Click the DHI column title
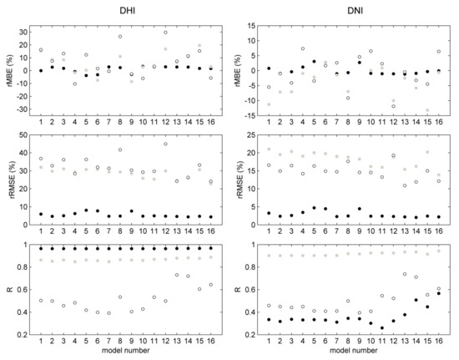(128, 11)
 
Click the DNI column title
(355, 11)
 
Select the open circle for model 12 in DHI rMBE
(165, 33)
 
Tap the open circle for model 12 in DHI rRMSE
(165, 144)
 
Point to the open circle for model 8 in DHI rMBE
(120, 37)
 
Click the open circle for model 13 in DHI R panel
(177, 275)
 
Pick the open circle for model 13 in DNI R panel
(405, 274)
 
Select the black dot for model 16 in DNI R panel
(438, 293)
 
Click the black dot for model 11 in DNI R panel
(382, 327)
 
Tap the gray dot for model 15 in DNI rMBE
(427, 110)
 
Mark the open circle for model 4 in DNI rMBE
(303, 48)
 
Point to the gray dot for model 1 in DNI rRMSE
(269, 150)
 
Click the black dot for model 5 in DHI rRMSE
(86, 210)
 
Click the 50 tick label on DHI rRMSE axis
(23, 135)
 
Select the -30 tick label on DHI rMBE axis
(22, 109)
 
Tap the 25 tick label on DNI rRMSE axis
(251, 135)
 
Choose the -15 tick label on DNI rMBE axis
(250, 116)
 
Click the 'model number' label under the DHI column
(125, 350)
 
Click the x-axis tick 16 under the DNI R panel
(438, 341)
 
